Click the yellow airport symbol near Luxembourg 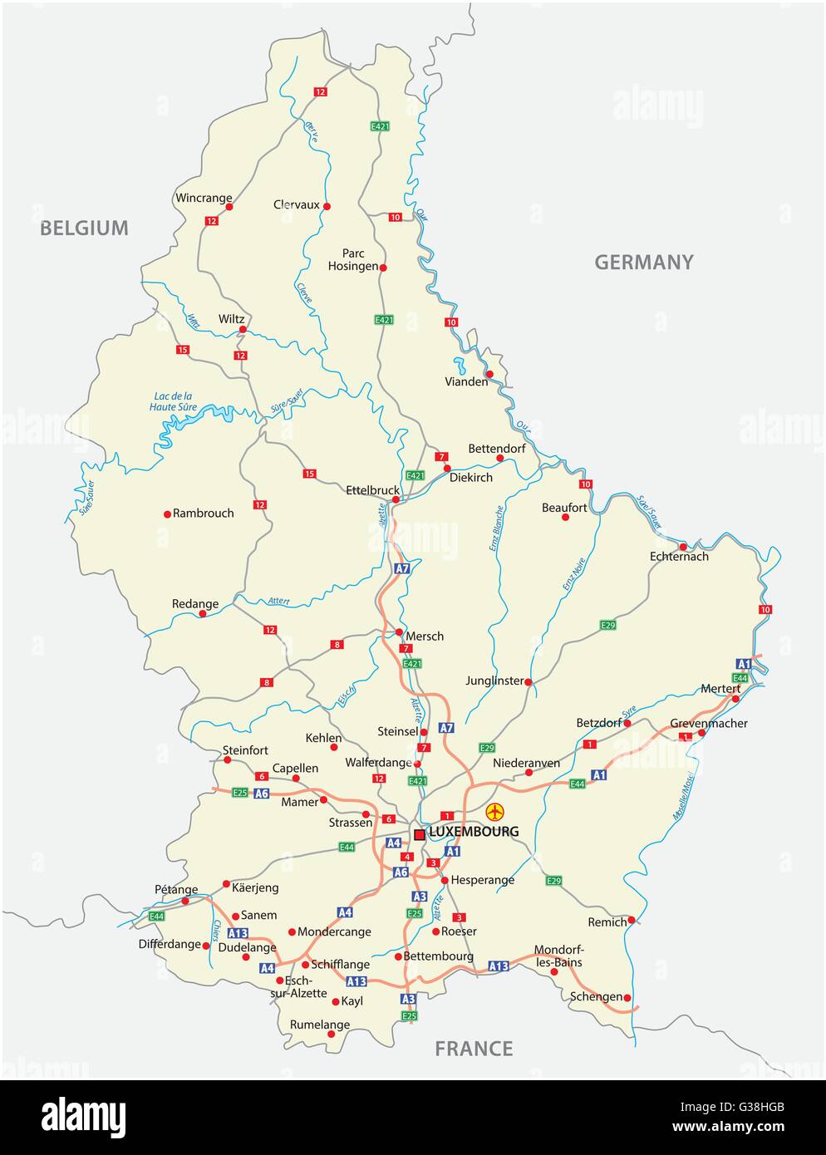click(495, 811)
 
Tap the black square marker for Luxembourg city click(420, 833)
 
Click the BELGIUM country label click(84, 228)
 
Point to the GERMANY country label click(643, 263)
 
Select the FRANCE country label click(474, 1049)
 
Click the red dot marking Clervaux click(327, 206)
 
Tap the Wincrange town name click(204, 198)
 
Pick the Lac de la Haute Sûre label click(173, 401)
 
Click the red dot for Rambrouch click(167, 514)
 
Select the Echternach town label click(679, 557)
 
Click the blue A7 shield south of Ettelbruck click(402, 569)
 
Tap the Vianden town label click(466, 382)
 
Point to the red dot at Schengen click(627, 998)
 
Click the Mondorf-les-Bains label click(558, 956)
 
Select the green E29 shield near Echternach click(607, 624)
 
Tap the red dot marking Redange click(202, 614)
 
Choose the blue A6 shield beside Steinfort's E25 click(262, 794)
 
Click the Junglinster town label click(495, 681)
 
